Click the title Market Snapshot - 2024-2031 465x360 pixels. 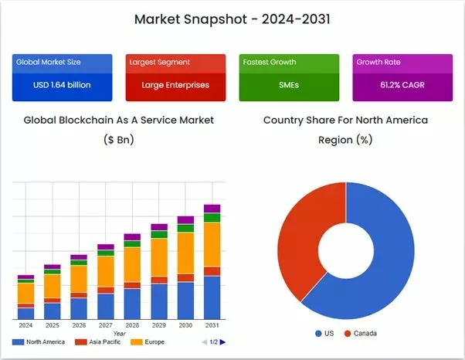pyautogui.click(x=232, y=19)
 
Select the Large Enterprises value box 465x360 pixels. pyautogui.click(x=175, y=85)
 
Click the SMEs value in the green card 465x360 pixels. pyautogui.click(x=288, y=85)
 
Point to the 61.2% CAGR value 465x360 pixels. pyautogui.click(x=402, y=85)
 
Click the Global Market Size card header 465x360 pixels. pyautogui.click(x=48, y=62)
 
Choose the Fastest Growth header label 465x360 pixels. pyautogui.click(x=268, y=62)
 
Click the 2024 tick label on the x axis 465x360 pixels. pyautogui.click(x=26, y=325)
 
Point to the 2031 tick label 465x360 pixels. pyautogui.click(x=212, y=325)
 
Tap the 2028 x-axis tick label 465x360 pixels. pyautogui.click(x=132, y=325)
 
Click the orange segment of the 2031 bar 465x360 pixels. pyautogui.click(x=212, y=243)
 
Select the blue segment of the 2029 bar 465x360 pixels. pyautogui.click(x=159, y=301)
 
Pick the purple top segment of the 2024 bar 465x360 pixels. pyautogui.click(x=26, y=277)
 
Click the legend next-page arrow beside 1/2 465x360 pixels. pyautogui.click(x=222, y=341)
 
